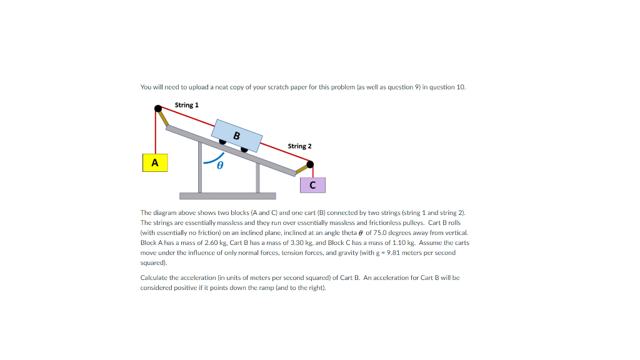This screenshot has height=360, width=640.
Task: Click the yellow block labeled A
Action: tap(155, 163)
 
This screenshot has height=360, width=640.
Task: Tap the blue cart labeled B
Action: tap(237, 135)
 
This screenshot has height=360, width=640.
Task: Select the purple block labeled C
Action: tap(312, 185)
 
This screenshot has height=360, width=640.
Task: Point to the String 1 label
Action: tap(187, 105)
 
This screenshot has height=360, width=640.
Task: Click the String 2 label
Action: tap(299, 146)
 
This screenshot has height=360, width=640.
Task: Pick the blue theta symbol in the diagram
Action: tap(219, 166)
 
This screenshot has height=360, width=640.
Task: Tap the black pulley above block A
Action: tap(158, 110)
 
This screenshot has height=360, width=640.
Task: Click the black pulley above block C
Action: tap(310, 164)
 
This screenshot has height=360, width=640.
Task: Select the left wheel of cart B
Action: tap(222, 141)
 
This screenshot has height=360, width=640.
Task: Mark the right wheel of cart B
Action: tap(244, 149)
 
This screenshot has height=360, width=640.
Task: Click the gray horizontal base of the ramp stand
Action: tap(227, 196)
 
